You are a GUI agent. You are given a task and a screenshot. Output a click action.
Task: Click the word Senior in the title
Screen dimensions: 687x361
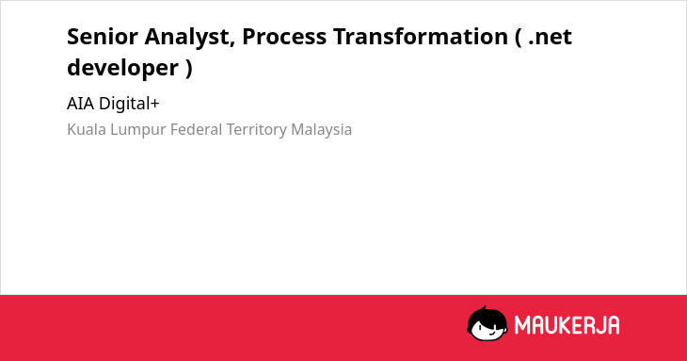click(102, 37)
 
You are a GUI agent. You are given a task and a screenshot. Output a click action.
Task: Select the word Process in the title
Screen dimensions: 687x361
click(284, 37)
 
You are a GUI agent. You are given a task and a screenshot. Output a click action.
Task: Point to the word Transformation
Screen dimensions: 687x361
click(420, 37)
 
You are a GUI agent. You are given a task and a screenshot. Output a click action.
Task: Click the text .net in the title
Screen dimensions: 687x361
click(551, 38)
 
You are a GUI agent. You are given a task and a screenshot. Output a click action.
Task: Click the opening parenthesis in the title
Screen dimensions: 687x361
click(519, 38)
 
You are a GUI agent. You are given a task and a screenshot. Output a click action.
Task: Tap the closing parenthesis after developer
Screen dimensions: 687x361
click(189, 69)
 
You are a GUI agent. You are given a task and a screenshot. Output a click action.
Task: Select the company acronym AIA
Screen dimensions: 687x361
click(81, 104)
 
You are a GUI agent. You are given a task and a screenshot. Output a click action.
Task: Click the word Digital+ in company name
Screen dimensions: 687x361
click(129, 104)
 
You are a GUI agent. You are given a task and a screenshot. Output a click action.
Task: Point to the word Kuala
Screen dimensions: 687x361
click(87, 130)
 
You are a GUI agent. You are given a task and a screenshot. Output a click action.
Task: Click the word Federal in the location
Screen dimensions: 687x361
click(197, 130)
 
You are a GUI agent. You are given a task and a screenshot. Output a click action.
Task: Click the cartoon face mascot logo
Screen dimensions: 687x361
click(487, 324)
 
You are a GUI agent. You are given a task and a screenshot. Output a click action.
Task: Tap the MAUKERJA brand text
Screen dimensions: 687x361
click(567, 325)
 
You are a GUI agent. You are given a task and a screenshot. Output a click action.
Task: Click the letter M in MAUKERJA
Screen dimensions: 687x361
click(521, 325)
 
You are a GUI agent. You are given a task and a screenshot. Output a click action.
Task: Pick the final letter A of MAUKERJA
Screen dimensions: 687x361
click(613, 325)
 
